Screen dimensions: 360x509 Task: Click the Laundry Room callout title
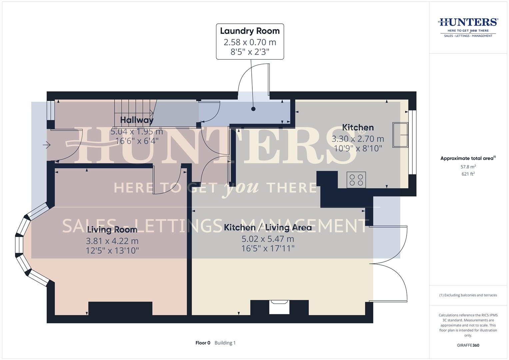click(x=250, y=31)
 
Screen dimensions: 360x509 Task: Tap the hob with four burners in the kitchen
click(x=356, y=180)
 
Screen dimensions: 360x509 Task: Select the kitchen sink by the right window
click(x=400, y=135)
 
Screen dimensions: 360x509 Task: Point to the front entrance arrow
click(x=46, y=145)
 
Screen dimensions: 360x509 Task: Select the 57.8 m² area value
click(x=468, y=167)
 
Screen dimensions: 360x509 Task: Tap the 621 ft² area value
click(x=468, y=174)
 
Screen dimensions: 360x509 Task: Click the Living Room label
click(x=112, y=230)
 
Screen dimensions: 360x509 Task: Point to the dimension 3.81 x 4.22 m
click(x=112, y=241)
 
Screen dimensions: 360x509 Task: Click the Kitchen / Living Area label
click(x=268, y=228)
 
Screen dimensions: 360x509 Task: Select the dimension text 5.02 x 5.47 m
click(x=268, y=239)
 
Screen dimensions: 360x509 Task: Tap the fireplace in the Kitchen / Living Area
click(x=279, y=307)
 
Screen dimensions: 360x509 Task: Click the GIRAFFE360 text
click(x=468, y=345)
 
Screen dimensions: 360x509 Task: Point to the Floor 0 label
click(x=203, y=343)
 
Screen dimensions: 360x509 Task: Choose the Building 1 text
click(x=225, y=343)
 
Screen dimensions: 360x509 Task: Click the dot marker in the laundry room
click(x=253, y=109)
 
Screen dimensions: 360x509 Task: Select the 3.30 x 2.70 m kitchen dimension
click(x=358, y=139)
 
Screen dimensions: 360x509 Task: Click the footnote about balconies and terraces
click(x=468, y=295)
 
